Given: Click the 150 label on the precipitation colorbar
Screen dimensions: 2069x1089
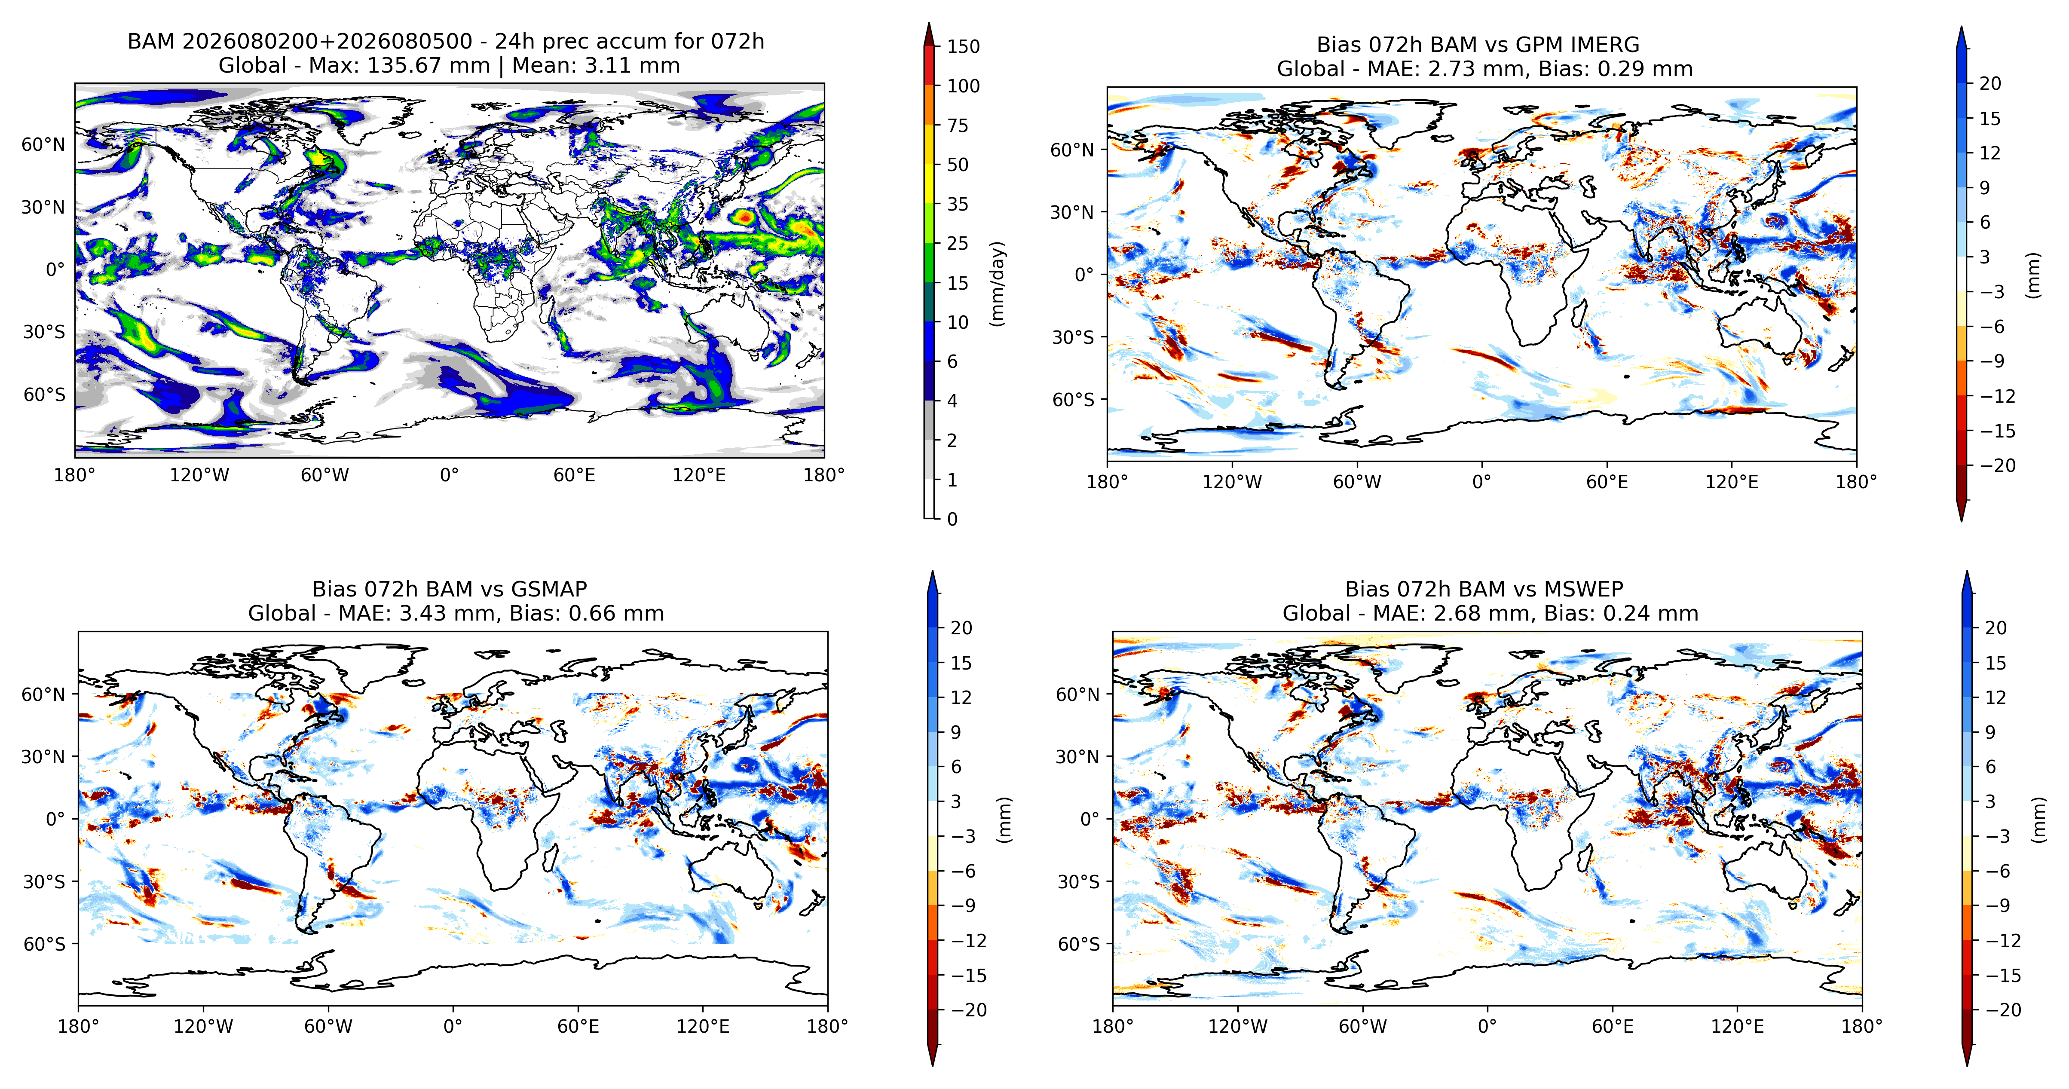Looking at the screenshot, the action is [x=963, y=46].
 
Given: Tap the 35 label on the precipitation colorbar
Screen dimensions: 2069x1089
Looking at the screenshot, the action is [x=958, y=204].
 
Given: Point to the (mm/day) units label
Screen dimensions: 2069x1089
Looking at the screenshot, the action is [x=998, y=284].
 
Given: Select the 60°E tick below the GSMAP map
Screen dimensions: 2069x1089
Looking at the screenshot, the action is [x=578, y=1026].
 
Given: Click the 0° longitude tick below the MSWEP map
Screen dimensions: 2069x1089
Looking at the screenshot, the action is [x=1487, y=1026].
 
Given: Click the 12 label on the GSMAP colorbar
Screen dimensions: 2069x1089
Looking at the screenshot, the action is [x=961, y=697].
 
